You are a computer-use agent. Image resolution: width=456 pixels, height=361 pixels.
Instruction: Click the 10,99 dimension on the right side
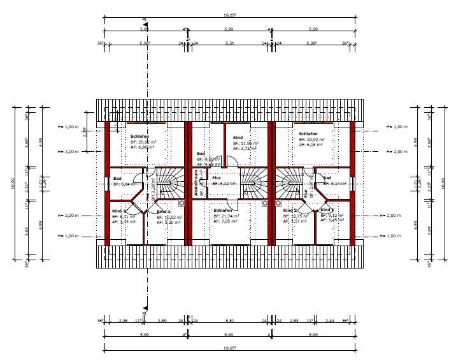443,184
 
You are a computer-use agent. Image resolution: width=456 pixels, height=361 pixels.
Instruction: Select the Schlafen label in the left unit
139,136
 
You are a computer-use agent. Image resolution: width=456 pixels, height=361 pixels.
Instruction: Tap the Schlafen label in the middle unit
222,210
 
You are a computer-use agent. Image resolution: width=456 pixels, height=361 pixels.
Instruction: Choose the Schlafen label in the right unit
308,134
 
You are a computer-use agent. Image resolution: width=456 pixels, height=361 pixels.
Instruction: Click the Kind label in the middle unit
238,138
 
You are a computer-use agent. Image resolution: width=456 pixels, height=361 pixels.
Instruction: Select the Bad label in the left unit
117,179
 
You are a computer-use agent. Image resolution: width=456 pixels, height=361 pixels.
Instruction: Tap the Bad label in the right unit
327,178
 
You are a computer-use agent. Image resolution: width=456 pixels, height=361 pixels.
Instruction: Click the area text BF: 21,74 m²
226,216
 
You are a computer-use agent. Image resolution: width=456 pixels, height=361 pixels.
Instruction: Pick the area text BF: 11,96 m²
246,144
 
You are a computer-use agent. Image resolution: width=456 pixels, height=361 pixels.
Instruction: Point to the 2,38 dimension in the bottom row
124,320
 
